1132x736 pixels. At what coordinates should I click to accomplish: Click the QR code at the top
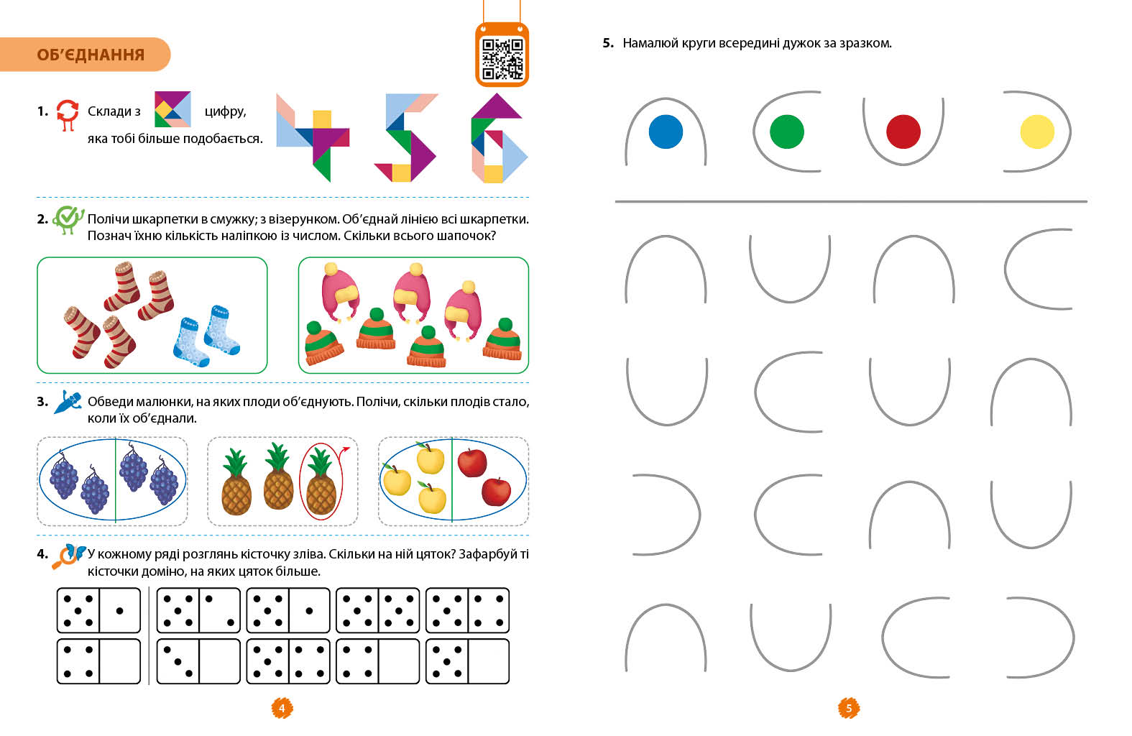502,57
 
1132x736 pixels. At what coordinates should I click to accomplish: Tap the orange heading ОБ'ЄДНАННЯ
91,55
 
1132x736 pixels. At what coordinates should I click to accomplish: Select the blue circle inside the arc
666,132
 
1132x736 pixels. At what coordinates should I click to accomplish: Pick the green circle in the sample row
786,132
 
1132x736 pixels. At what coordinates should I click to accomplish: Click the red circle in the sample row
903,132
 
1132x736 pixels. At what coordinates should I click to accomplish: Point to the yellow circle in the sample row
1036,132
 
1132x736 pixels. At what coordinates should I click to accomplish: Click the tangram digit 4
312,137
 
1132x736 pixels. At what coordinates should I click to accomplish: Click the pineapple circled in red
321,481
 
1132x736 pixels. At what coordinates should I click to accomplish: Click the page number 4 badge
282,708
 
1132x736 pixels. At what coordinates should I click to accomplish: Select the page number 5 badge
848,708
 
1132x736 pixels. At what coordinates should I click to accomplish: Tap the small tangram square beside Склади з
172,109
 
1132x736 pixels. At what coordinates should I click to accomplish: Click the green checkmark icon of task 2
68,218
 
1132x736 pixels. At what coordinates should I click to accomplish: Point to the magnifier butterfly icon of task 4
68,556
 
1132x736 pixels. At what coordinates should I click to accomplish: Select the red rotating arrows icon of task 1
68,114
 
